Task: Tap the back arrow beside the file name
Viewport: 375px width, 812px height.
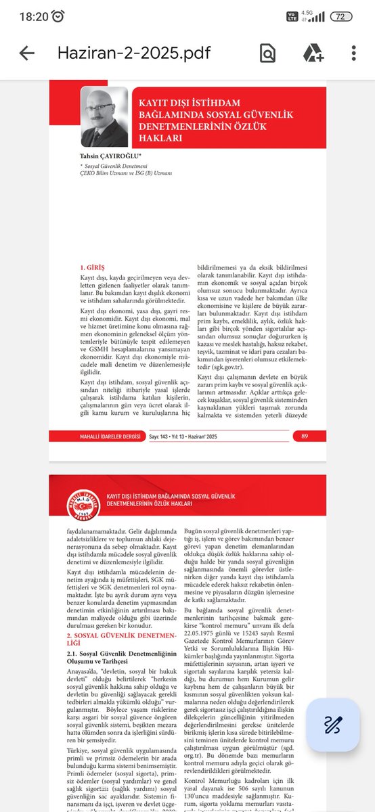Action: tap(26, 53)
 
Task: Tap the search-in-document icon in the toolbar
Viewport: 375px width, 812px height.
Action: tap(268, 53)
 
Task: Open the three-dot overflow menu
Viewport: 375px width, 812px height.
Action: tap(353, 53)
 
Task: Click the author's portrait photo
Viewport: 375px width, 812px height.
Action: tap(104, 117)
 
